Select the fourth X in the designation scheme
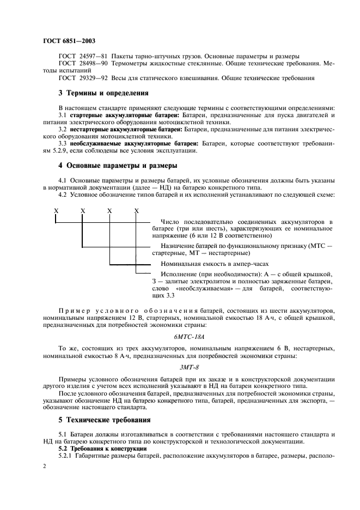[136, 210]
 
